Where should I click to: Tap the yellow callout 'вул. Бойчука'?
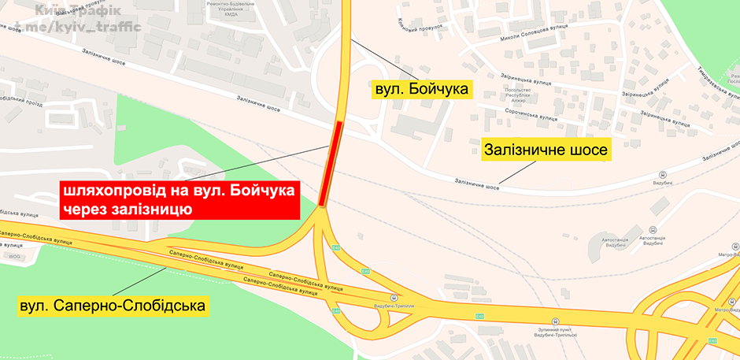point(421,91)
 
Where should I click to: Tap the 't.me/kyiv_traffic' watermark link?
point(79,28)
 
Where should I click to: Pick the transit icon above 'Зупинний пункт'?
point(554,321)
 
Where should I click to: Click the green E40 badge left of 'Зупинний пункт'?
point(479,317)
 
